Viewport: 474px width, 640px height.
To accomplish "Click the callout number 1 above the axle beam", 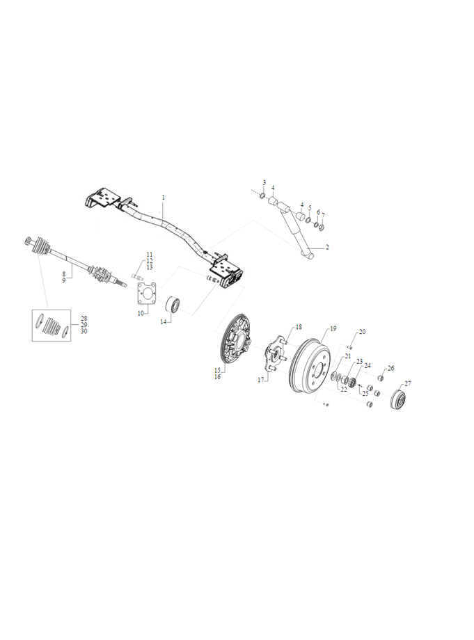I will click(163, 198).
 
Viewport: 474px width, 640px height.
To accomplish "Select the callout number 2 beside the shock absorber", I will click(327, 248).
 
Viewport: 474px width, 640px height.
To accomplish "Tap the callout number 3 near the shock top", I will click(264, 182).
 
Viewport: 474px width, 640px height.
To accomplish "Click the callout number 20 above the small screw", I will click(362, 331).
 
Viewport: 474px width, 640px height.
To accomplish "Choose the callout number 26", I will click(390, 368).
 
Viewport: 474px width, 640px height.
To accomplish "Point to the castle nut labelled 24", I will click(353, 382).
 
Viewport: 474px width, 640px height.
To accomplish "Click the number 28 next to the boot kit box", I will click(84, 318).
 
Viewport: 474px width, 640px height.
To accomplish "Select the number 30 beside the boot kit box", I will click(84, 331).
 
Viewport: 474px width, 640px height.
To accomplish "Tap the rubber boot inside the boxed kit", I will click(53, 325).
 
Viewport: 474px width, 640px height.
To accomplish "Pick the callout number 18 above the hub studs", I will click(299, 327).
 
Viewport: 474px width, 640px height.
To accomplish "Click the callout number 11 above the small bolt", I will click(150, 255).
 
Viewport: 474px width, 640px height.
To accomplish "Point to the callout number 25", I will click(365, 394).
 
